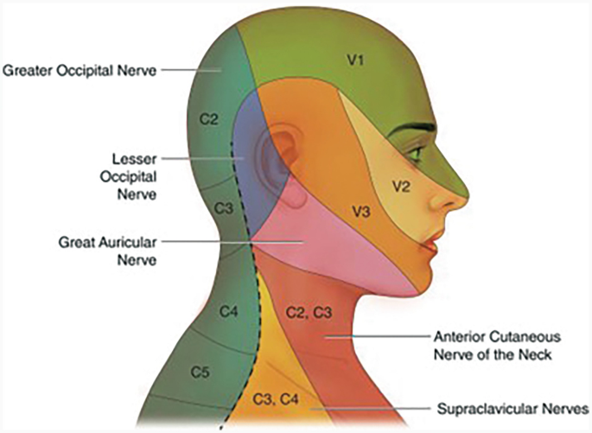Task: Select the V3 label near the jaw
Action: pyautogui.click(x=360, y=209)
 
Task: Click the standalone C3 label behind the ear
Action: pyautogui.click(x=223, y=209)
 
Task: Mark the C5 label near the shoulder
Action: pyautogui.click(x=201, y=373)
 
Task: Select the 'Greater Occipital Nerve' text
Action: pyautogui.click(x=80, y=70)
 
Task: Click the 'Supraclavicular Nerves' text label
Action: pyautogui.click(x=513, y=407)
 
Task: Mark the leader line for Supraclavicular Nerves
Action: pyautogui.click(x=372, y=407)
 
